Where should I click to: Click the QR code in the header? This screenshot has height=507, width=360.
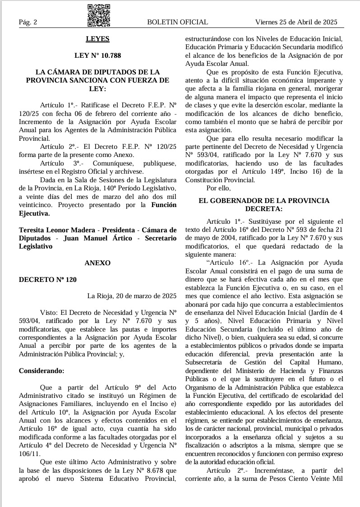point(98,15)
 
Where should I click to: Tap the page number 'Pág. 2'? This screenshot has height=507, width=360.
point(28,22)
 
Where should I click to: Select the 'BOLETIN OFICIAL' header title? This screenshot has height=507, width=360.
point(177,22)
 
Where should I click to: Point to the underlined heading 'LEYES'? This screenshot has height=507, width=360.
point(97,39)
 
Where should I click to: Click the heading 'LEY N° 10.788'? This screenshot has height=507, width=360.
point(97,56)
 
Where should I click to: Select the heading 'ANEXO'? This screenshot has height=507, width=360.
point(97,263)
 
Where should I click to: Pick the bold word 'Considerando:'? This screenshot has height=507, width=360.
point(42,371)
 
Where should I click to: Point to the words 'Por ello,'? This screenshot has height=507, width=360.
point(219,188)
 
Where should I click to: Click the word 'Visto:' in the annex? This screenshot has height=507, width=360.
point(49,313)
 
